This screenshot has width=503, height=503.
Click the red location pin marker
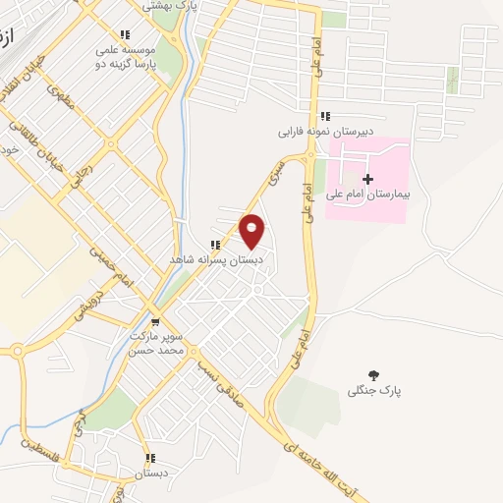[x=252, y=231]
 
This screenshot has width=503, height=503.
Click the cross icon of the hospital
[x=367, y=179]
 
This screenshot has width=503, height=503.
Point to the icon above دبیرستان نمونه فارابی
[x=324, y=116]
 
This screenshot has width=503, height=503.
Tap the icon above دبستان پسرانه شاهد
[x=214, y=245]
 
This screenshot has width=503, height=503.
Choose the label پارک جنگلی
[x=374, y=390]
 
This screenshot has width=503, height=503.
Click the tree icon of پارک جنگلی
[x=373, y=374]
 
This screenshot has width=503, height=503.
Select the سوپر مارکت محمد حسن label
[x=157, y=343]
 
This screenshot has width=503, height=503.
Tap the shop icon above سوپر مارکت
[x=155, y=320]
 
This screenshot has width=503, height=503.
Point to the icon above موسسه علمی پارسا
[x=124, y=34]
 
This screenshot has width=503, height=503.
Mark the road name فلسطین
[x=40, y=451]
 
